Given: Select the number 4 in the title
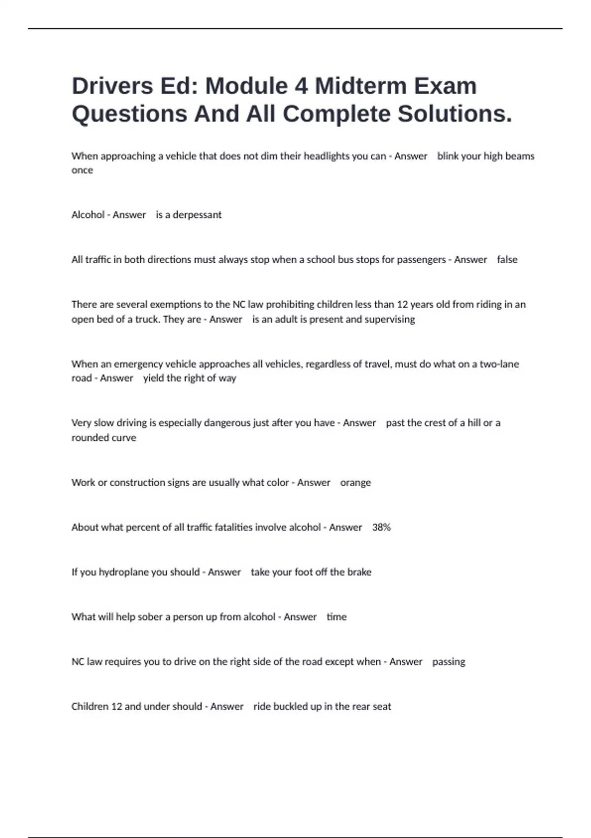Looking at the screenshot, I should coord(301,86).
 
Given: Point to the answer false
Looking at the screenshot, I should coord(507,260).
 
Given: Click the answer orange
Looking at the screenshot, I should coord(355,483).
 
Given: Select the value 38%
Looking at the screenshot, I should coord(381,527).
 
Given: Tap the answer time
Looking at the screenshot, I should coord(336,617).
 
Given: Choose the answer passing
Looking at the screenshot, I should coord(448,662).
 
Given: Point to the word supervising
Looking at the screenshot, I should coord(390,319).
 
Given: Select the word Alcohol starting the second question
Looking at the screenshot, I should coord(88,215).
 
